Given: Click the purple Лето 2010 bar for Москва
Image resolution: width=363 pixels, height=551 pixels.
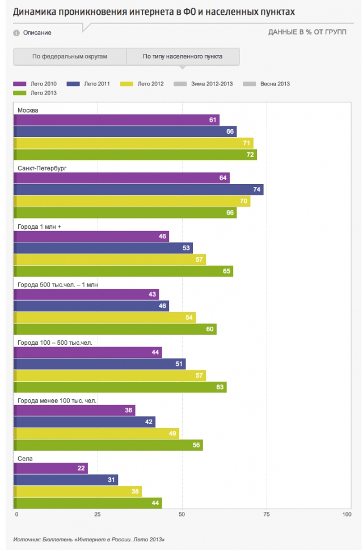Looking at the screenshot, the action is click(116, 120).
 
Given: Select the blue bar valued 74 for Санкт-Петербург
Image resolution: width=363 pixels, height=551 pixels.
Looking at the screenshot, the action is click(138, 189).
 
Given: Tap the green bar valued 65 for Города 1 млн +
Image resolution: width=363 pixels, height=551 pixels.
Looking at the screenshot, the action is click(123, 271).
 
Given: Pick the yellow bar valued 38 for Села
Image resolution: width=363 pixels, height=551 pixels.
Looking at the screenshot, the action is click(78, 492).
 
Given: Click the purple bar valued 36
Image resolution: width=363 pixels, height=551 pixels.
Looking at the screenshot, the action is click(74, 410).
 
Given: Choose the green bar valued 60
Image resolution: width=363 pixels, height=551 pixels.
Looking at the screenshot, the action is click(115, 329).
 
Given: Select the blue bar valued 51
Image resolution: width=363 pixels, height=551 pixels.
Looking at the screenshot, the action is click(100, 364).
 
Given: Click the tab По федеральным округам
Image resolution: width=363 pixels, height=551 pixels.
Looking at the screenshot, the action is click(70, 57).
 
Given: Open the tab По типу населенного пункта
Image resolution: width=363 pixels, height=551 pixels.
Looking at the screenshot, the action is click(183, 57).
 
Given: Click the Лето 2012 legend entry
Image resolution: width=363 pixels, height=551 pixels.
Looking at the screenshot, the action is click(142, 84).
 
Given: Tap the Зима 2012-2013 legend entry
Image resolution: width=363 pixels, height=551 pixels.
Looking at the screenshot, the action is click(203, 84).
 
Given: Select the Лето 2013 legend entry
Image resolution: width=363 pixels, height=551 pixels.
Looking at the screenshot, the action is click(35, 93).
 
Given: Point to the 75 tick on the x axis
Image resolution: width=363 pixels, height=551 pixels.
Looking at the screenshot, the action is click(267, 514).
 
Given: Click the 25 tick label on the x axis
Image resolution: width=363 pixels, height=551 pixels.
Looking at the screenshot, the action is click(98, 514).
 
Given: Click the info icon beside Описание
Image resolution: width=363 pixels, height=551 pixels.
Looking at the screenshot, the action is click(16, 33).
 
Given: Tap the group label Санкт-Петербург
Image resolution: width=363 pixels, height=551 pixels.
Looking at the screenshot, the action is click(42, 168).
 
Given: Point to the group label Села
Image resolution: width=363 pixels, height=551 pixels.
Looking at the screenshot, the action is click(25, 459).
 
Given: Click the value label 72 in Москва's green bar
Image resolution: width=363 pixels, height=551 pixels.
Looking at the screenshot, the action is click(250, 155).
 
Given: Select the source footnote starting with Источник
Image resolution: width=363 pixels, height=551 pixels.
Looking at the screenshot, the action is click(88, 540).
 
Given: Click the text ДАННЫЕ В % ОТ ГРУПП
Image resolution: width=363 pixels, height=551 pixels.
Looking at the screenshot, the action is click(307, 32).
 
